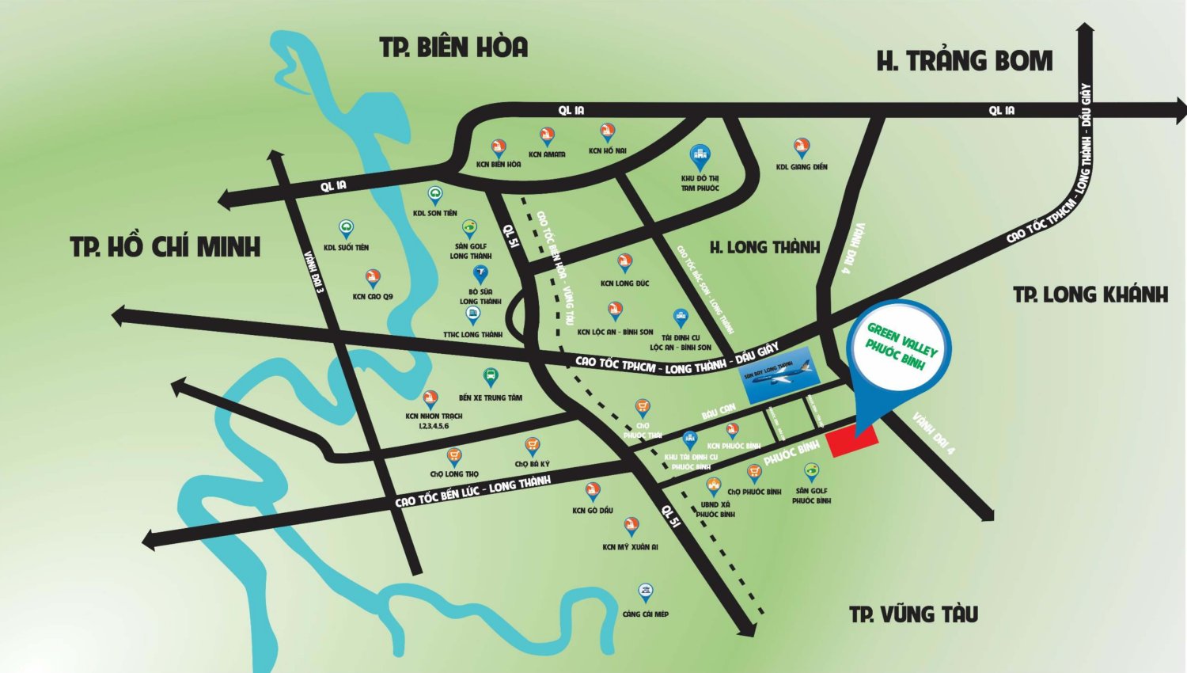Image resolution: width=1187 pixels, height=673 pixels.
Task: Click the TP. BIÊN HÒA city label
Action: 453,48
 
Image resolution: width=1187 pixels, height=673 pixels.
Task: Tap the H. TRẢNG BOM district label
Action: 964,61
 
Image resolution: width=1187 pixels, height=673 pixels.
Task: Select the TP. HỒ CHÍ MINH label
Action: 165,247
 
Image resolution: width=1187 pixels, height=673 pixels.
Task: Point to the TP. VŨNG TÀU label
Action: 913,614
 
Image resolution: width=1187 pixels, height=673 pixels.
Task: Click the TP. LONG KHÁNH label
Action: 1090,295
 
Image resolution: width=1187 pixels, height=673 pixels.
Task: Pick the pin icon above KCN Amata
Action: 547,137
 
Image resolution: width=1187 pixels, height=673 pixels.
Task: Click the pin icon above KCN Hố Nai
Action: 607,132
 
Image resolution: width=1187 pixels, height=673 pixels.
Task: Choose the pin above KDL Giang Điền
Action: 802,148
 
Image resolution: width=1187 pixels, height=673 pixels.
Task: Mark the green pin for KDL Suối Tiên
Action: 346,230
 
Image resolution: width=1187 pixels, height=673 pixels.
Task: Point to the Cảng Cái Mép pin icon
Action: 646,593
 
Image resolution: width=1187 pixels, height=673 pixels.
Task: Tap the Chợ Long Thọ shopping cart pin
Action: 453,456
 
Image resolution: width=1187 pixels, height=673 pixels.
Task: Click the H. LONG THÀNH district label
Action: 764,247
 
